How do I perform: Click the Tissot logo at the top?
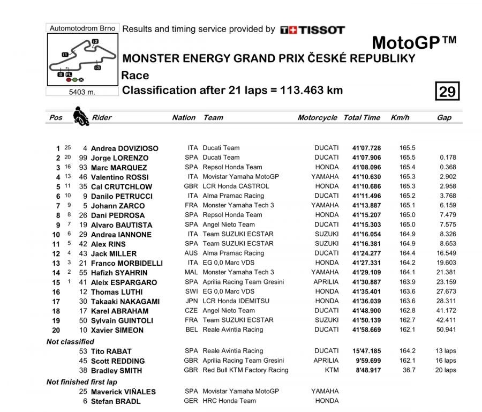312,30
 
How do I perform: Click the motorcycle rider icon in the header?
81,116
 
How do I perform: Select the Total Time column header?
362,117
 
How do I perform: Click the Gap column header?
444,117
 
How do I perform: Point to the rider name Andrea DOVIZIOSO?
124,148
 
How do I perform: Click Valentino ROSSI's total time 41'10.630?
366,177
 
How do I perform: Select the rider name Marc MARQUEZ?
119,168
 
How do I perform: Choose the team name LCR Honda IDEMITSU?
235,301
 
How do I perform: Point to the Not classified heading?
70,341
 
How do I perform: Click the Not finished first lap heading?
81,382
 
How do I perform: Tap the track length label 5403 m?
82,92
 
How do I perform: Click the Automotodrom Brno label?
82,28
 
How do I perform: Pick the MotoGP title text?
413,43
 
